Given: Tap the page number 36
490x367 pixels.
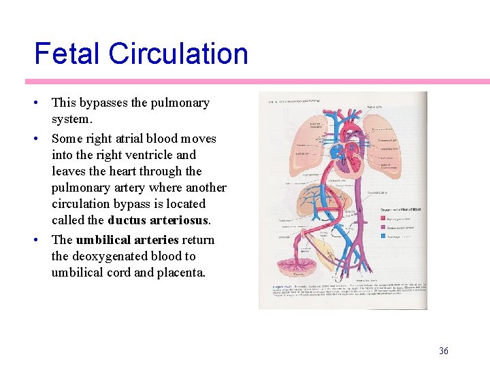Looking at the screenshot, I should (x=444, y=351).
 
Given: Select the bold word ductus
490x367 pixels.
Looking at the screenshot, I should (x=129, y=220).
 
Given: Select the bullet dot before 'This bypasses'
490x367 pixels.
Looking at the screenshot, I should (x=37, y=103).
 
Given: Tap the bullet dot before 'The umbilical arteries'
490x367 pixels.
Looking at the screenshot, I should (x=37, y=240).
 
